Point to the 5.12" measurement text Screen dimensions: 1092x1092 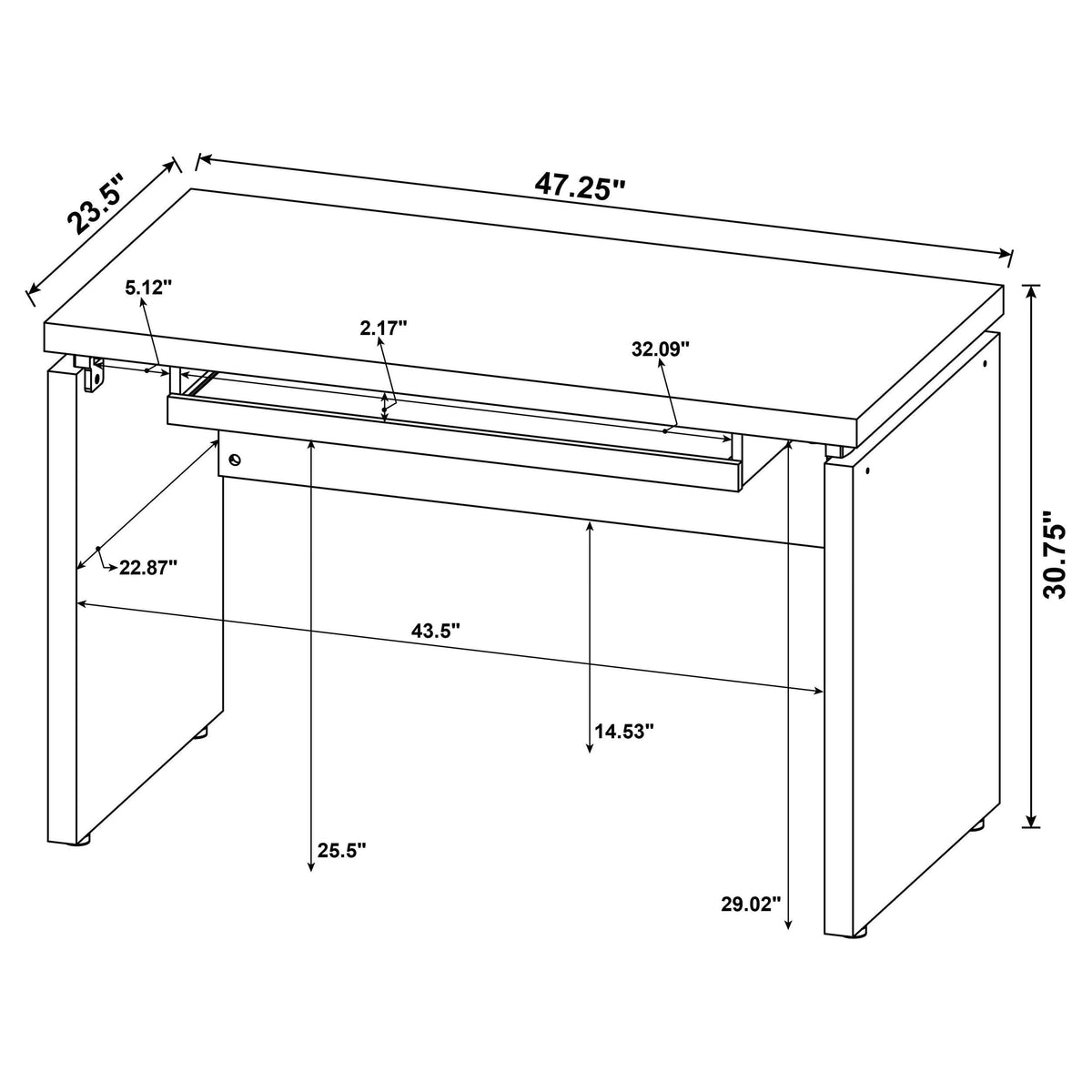point(148,288)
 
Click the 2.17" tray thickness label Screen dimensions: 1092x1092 point(383,328)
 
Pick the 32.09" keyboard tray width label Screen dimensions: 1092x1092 point(661,349)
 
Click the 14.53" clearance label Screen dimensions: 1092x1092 point(624,731)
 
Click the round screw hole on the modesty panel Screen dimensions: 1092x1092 point(235,460)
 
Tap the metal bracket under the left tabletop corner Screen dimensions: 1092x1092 point(93,373)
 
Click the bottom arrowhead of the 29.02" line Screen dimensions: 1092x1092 point(788,927)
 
